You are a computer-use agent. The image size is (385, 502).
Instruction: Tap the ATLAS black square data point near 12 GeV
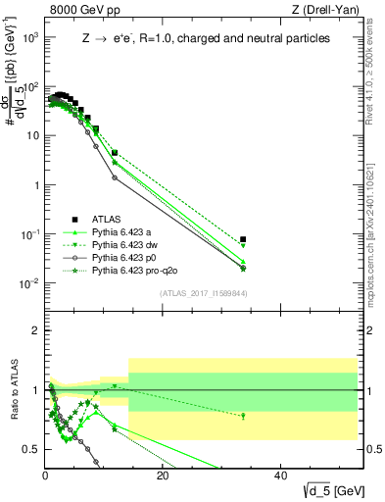115,153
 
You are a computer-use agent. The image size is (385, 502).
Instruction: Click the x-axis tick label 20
163,476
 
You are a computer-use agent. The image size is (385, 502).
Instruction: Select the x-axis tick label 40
280,476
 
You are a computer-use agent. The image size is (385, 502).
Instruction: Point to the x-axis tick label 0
45,476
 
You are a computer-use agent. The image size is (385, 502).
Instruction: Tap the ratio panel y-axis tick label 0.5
32,449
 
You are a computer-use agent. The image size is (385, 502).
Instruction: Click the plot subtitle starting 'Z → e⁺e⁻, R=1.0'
206,38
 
